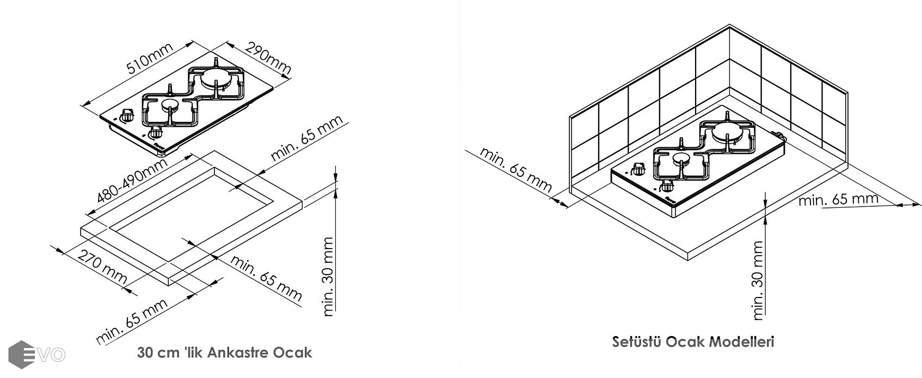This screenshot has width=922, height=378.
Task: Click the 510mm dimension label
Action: click(150, 59)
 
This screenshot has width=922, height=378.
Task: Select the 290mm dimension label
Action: click(268, 59)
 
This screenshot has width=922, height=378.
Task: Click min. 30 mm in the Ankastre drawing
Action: click(329, 276)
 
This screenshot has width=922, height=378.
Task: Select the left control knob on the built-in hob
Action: click(128, 115)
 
